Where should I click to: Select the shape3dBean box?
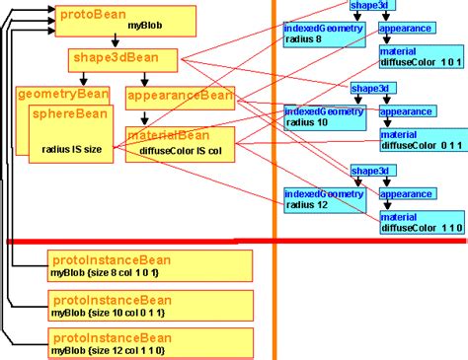[x=122, y=60]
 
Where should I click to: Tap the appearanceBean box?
[x=181, y=96]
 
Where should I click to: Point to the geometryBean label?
[x=62, y=95]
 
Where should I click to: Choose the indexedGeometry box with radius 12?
[x=325, y=199]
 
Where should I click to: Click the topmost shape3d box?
[x=368, y=7]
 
